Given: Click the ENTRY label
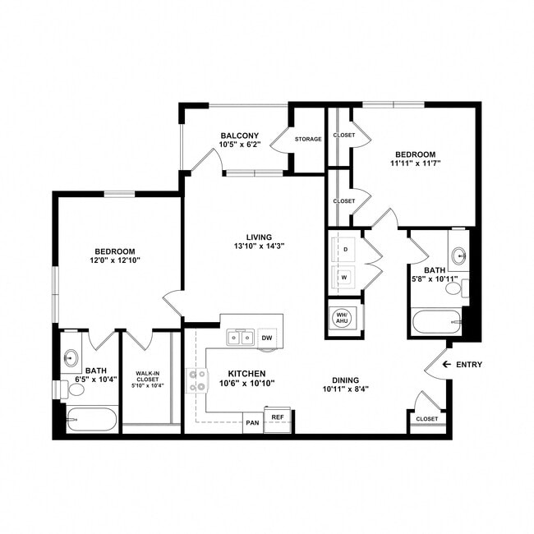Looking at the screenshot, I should coord(468,365).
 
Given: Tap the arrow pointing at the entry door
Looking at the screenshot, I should coord(447,365).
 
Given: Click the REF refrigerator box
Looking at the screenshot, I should coord(278,417).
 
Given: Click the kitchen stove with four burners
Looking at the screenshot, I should coord(197,380).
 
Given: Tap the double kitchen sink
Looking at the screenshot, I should coord(240,337).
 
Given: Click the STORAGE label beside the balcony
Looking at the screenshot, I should coord(308,139).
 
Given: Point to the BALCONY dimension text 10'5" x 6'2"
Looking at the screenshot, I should coord(239,145).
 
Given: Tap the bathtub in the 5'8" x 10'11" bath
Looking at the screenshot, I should coord(436,321).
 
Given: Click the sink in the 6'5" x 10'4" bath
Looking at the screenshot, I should coord(71,357).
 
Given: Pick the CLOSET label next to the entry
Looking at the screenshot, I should coord(426,418).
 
